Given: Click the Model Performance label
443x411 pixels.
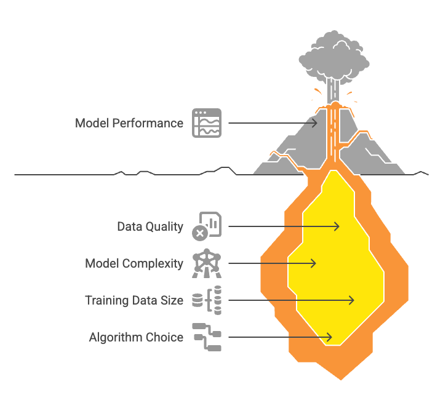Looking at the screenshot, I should pos(129,123).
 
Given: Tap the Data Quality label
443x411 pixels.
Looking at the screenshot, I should pos(150,226).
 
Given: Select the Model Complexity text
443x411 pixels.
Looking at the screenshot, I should pos(134,263).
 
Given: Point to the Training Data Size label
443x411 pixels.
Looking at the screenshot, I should pos(134,300).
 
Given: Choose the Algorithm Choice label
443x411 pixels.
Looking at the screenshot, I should pos(136,337).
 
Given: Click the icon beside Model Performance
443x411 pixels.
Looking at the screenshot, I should pos(207,123).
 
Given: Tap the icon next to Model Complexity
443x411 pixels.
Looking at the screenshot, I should pos(207,263).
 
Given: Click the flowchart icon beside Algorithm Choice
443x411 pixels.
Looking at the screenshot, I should pos(207,337).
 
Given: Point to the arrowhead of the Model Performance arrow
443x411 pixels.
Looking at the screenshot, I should pos(315,123).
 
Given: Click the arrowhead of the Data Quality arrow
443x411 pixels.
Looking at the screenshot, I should pos(337,226).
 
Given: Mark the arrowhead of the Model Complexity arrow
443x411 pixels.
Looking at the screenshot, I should pos(313,263).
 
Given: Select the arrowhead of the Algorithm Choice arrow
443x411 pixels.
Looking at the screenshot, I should pos(330,337).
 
